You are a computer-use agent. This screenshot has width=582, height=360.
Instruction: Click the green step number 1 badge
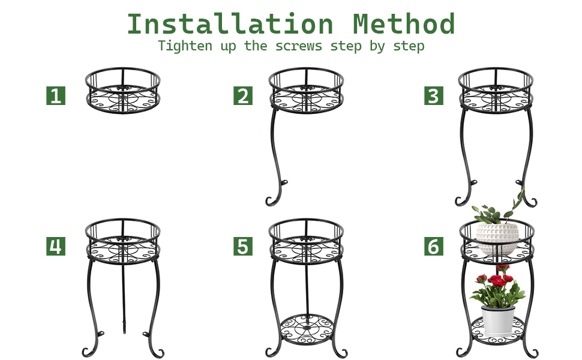click(56, 96)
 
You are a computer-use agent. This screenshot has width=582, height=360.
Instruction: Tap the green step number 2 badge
click(243, 96)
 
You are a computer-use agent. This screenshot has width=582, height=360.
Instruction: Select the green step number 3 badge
click(433, 96)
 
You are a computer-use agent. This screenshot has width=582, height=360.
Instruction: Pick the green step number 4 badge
click(56, 247)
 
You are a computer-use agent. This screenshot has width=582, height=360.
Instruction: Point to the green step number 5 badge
click(243, 247)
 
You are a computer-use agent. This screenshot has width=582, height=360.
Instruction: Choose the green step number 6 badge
click(433, 247)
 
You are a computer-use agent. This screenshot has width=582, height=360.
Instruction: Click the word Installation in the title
click(230, 25)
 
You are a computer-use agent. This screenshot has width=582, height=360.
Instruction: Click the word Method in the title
click(404, 25)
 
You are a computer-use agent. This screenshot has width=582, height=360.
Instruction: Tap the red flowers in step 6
click(497, 279)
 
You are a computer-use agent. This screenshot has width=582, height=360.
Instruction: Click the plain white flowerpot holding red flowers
click(498, 320)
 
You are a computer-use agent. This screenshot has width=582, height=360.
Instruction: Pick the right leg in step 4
click(157, 300)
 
